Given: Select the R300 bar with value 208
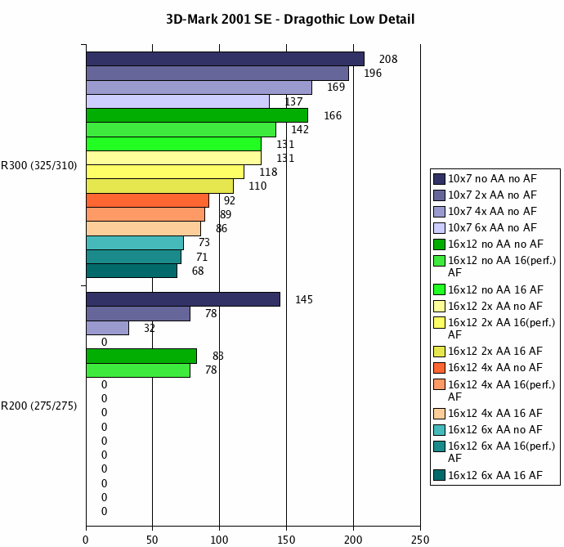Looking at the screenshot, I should (x=225, y=59).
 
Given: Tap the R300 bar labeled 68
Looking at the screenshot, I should (x=132, y=271).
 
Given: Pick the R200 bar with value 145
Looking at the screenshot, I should (x=183, y=299).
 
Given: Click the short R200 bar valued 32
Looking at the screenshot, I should (x=107, y=328).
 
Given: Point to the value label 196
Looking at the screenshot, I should (x=373, y=74).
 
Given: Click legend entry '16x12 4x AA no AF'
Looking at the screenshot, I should (x=495, y=367).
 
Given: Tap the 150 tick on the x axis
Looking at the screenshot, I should (x=286, y=539).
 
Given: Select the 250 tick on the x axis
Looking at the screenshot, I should (x=420, y=539).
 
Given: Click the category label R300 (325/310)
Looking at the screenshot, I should (x=39, y=166).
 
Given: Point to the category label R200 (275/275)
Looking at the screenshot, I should (x=39, y=406).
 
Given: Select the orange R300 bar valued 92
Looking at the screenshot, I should (x=147, y=200).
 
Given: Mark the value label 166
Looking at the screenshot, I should (x=333, y=116).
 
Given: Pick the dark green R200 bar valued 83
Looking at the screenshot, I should (x=141, y=356).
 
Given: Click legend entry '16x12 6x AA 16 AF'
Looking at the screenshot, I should (x=495, y=475).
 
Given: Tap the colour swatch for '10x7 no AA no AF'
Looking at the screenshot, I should (x=440, y=179).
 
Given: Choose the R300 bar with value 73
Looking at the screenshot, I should (x=135, y=243).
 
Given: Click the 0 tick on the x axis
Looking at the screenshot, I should (x=86, y=539).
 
